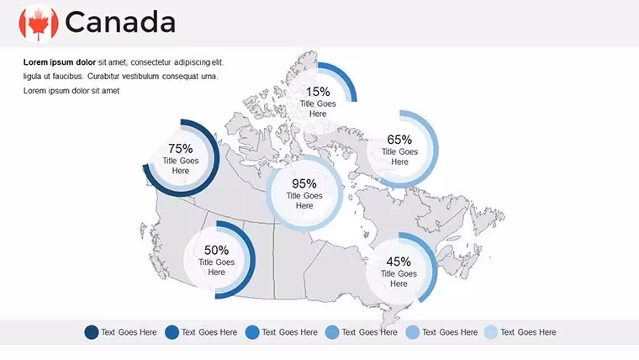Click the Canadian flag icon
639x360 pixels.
click(x=39, y=23)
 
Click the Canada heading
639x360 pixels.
click(x=120, y=23)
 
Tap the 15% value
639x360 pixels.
click(x=318, y=92)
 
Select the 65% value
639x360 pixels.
click(x=399, y=140)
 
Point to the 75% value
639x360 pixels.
click(x=181, y=148)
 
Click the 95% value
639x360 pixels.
click(x=304, y=183)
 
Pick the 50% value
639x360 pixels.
click(x=216, y=250)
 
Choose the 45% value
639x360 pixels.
click(x=399, y=262)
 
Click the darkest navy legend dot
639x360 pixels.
click(x=92, y=332)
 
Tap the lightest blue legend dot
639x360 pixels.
click(x=491, y=332)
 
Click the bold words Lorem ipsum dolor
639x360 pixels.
click(x=60, y=62)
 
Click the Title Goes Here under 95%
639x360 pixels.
click(x=304, y=200)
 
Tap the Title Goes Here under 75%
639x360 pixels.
click(x=181, y=166)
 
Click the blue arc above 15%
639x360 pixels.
click(x=346, y=77)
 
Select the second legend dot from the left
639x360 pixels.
click(x=172, y=332)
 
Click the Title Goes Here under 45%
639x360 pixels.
click(x=399, y=278)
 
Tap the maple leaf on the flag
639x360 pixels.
click(x=39, y=24)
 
